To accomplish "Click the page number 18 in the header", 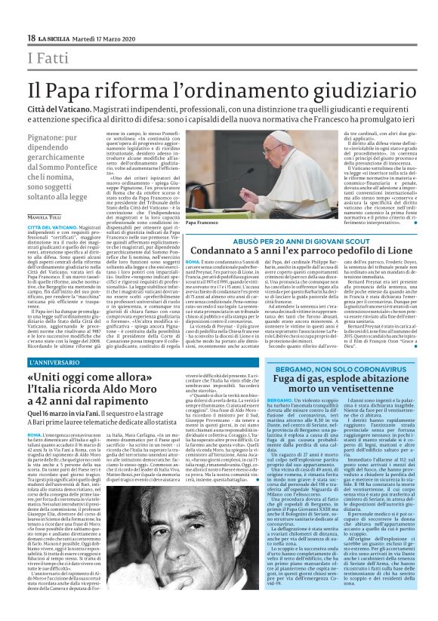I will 32,38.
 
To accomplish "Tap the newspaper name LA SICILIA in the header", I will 56,38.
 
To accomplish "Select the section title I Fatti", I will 48,59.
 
